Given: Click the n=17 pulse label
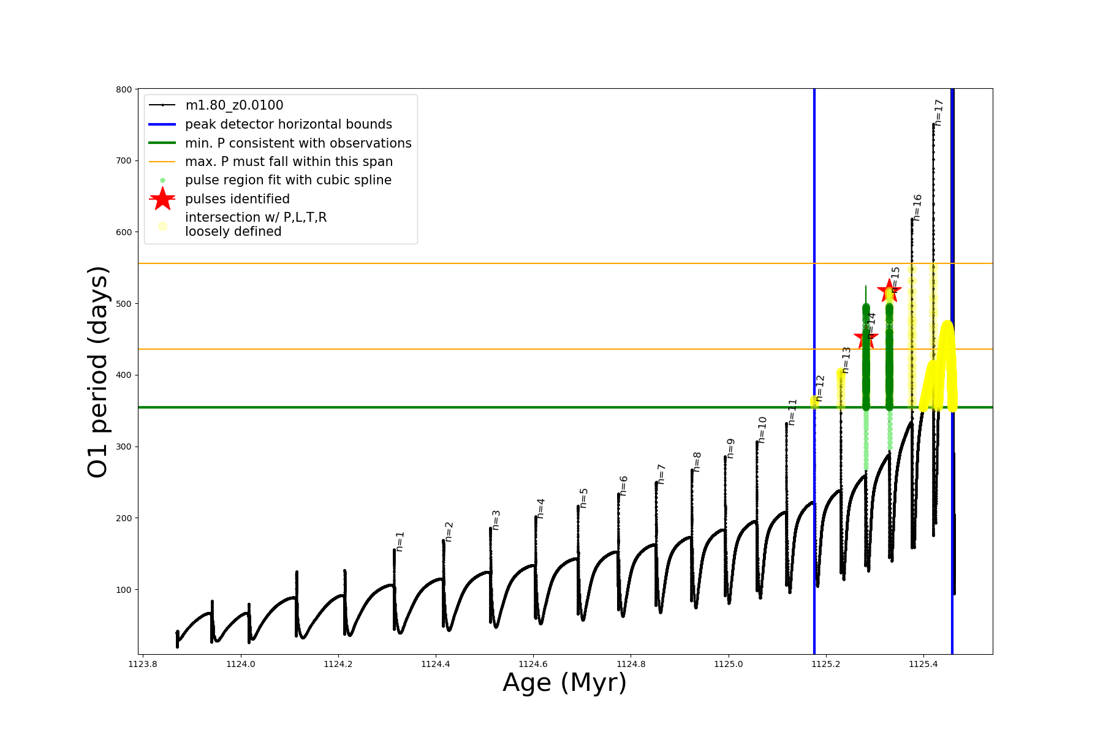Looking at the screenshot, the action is [939, 113].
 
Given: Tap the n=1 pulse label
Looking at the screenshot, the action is [400, 541].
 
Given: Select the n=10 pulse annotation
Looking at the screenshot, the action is [762, 429].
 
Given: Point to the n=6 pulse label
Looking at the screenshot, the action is [624, 485].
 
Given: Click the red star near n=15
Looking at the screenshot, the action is [889, 290].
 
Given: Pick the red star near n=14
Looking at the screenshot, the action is [866, 337].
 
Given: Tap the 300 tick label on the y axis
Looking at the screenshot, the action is [124, 447].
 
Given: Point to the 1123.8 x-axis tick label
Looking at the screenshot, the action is [143, 664].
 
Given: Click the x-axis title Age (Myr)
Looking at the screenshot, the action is [565, 683].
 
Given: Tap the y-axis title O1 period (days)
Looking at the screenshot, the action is [98, 372].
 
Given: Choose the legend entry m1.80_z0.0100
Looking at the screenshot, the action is [234, 105].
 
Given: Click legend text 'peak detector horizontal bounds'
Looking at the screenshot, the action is [289, 124].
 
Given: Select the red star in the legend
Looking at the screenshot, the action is [162, 199].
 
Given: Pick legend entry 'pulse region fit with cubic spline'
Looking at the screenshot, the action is [288, 180].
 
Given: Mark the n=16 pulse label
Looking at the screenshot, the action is [917, 208].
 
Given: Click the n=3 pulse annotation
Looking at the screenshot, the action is [496, 520].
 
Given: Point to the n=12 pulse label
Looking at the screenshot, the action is [821, 388].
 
